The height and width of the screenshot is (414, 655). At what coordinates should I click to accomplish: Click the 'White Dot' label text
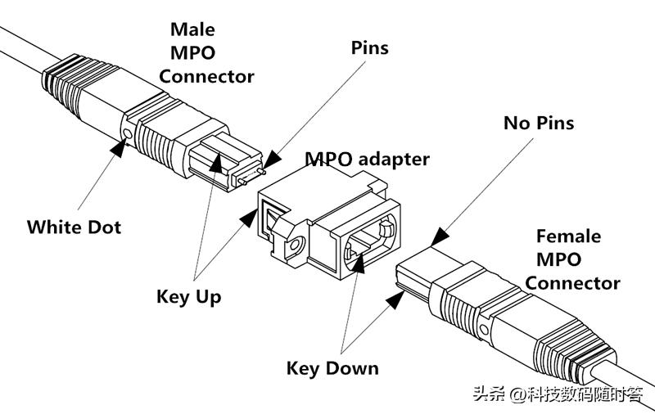[x=74, y=227]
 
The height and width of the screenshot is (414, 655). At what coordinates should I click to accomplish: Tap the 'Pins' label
[x=369, y=47]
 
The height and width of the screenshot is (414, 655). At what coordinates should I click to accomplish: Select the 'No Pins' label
[x=538, y=124]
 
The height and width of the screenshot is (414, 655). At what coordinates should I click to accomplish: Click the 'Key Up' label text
[x=188, y=296]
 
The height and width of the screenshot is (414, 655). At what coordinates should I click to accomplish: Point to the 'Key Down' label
[x=332, y=368]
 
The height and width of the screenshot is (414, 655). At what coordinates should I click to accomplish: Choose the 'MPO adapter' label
[x=368, y=159]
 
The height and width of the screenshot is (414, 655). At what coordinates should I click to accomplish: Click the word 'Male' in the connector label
[x=193, y=30]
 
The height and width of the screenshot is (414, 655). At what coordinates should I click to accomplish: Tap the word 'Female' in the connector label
[x=568, y=237]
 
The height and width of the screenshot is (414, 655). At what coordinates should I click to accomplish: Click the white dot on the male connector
[x=127, y=133]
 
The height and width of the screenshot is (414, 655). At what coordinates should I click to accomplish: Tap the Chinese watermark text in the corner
[x=557, y=394]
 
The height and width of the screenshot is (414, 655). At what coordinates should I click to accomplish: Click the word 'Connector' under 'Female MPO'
[x=572, y=283]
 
